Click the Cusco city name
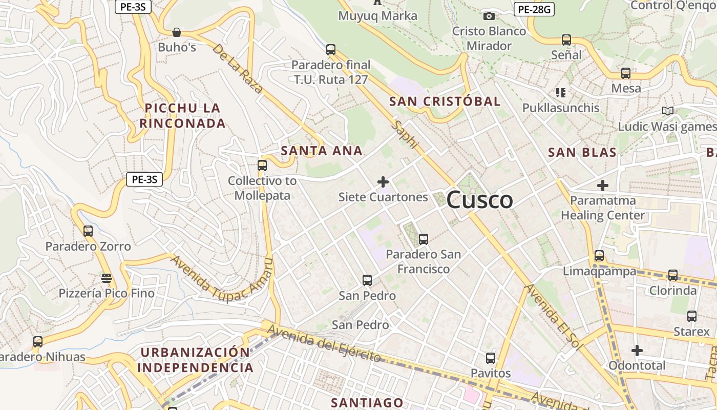[x=479, y=200]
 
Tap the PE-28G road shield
[x=534, y=9]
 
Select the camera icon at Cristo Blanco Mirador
[x=489, y=16]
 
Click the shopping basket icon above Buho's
[x=177, y=33]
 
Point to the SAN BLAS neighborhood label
[x=582, y=152]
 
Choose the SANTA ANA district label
[x=322, y=151]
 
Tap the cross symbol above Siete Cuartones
[x=383, y=182]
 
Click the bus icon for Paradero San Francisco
[x=424, y=239]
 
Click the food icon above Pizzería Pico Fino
[x=107, y=278]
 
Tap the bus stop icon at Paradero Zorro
[x=88, y=231]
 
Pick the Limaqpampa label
[x=599, y=271]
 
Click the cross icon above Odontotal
[x=637, y=351]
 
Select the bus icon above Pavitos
[x=491, y=358]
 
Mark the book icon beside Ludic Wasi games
[x=667, y=111]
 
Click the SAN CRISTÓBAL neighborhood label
[x=445, y=101]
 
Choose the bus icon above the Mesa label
[x=626, y=73]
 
